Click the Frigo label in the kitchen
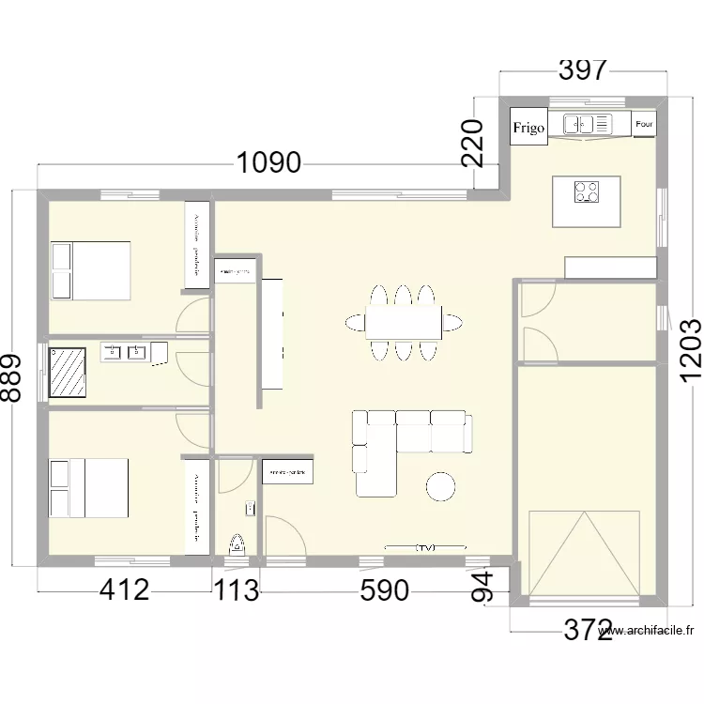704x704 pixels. [528, 128]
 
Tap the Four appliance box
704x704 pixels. [645, 123]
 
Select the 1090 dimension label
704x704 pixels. [268, 163]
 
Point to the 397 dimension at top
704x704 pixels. [583, 70]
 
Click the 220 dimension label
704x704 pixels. [474, 143]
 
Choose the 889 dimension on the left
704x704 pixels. [10, 377]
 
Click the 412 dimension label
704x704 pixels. [124, 590]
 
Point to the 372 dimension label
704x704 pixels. [588, 630]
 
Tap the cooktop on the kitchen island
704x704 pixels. [587, 191]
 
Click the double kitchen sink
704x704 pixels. [587, 123]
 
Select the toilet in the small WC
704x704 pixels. [237, 543]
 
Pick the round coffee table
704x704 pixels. [441, 486]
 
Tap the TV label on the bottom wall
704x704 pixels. [425, 546]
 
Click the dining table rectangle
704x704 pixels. [404, 322]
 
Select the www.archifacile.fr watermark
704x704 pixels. [648, 632]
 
